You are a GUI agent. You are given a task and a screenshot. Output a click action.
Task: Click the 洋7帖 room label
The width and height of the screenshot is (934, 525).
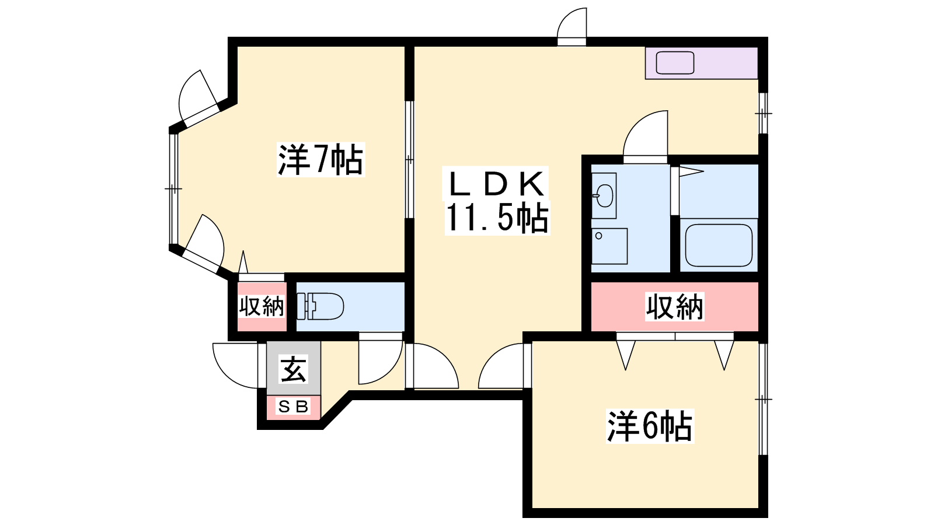tap(320, 160)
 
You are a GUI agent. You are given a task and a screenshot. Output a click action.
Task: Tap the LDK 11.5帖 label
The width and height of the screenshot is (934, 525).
tap(497, 201)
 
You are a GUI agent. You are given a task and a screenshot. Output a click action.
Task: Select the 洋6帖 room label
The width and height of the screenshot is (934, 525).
tap(650, 426)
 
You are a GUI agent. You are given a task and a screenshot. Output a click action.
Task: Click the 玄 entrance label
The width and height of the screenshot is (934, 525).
tap(294, 369)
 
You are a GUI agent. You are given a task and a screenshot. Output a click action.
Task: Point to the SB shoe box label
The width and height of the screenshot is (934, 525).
tap(294, 406)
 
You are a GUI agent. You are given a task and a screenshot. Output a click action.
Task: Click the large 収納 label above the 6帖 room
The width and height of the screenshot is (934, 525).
tap(675, 307)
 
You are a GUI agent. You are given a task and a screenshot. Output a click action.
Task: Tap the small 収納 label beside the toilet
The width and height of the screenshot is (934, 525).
tap(262, 307)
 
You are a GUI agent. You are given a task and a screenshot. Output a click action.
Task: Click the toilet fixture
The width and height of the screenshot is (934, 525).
tap(320, 306)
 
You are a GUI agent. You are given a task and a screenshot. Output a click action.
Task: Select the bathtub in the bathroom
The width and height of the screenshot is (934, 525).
tap(719, 245)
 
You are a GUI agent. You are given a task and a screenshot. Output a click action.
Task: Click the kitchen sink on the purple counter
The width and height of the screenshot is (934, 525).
tap(675, 63)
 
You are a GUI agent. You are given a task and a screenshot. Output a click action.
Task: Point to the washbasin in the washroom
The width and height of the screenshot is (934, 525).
tap(603, 195)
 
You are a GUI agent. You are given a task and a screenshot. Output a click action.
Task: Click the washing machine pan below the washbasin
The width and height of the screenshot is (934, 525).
tap(609, 246)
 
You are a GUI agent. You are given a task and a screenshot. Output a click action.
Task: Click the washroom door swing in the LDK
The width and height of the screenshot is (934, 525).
tap(645, 136)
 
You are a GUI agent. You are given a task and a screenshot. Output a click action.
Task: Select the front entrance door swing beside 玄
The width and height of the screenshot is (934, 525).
tap(235, 365)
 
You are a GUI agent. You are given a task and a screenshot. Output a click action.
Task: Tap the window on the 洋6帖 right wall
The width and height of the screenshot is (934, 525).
tap(763, 399)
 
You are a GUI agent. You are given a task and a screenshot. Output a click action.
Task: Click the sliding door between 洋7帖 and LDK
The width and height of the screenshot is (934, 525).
tap(409, 160)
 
